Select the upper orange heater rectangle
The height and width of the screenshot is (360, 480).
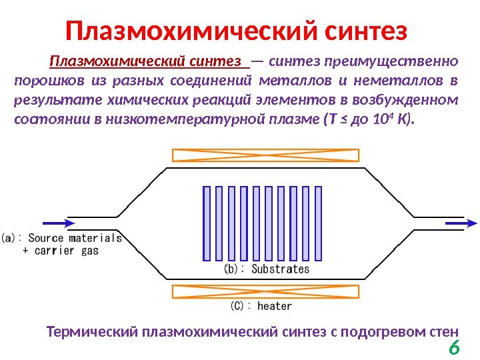pos(265,155)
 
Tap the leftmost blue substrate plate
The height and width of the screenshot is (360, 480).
pos(207,223)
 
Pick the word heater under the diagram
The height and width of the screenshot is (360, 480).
pos(275,306)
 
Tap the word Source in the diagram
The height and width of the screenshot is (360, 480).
pos(46,238)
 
